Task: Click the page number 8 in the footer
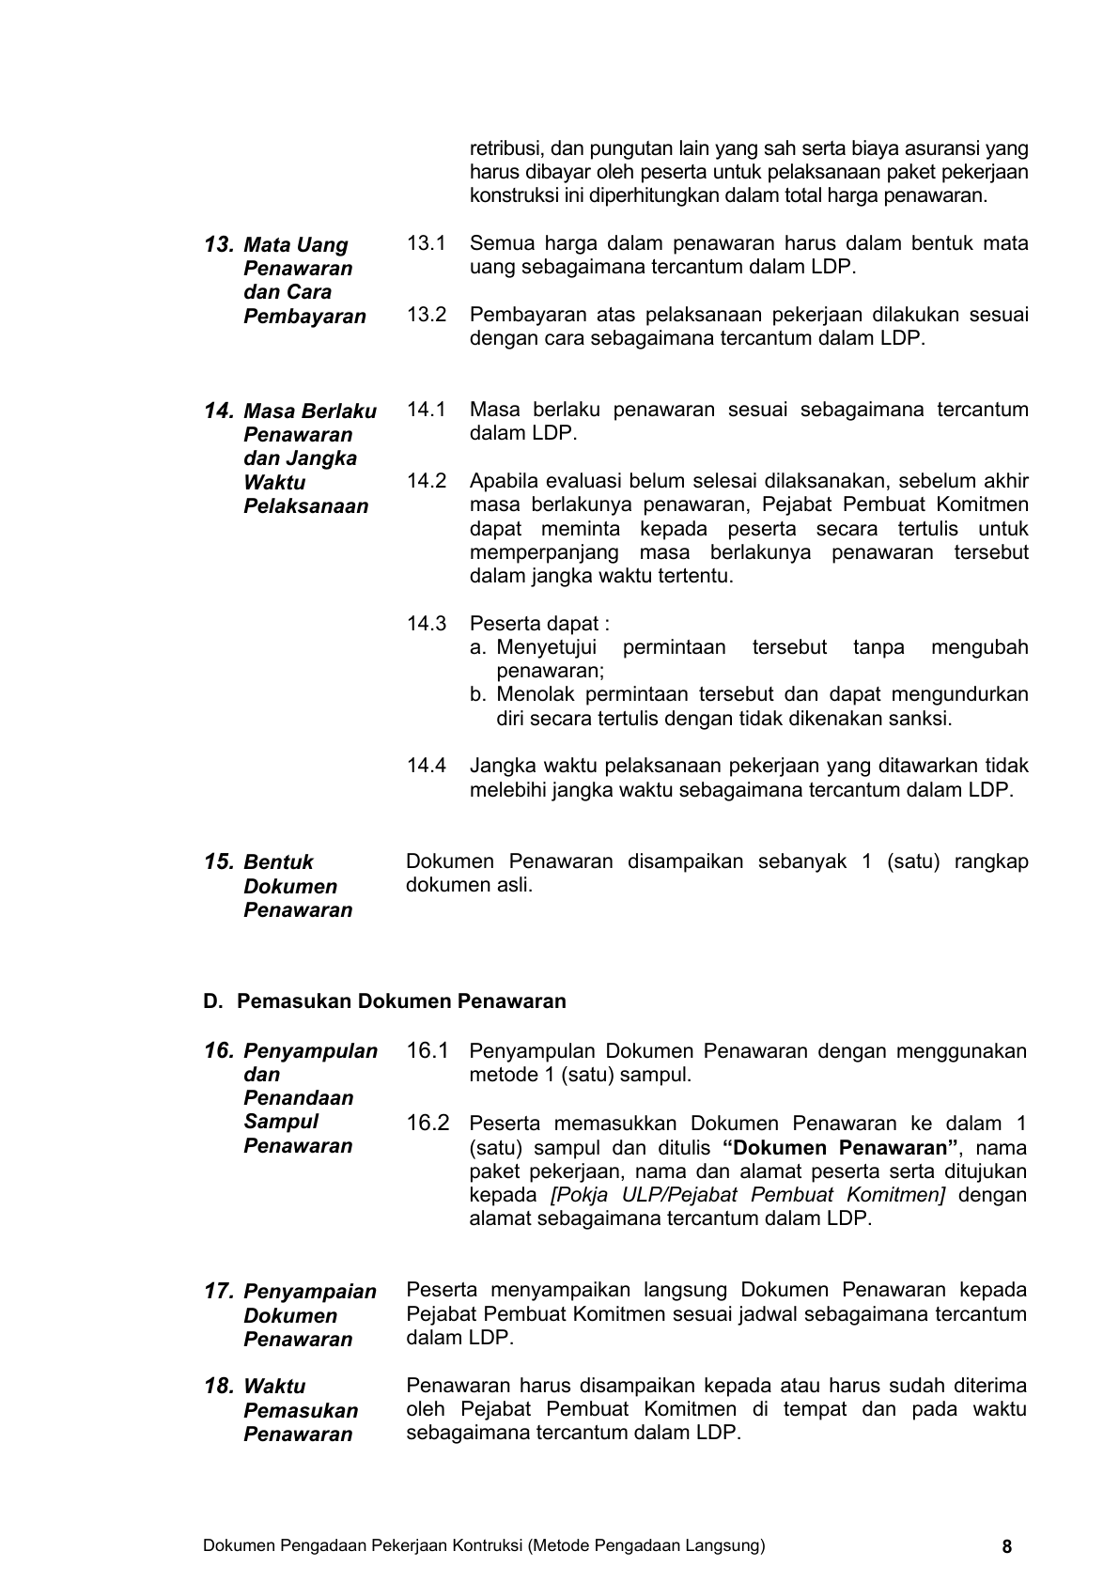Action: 1007,1547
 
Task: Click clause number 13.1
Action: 426,244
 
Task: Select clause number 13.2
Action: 426,315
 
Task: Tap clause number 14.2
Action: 426,481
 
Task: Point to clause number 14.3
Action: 426,624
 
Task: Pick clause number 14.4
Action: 426,766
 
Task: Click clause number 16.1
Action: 427,1051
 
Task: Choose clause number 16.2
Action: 427,1124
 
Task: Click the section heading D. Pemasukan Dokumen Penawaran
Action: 384,1001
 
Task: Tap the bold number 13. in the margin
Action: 218,245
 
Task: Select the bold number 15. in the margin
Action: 218,862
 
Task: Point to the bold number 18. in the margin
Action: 218,1387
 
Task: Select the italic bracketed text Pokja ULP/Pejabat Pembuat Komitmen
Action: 748,1195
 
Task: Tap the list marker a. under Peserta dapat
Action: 478,647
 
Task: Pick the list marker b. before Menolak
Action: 478,695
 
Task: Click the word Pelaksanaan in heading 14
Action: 305,506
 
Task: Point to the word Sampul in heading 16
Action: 280,1122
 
